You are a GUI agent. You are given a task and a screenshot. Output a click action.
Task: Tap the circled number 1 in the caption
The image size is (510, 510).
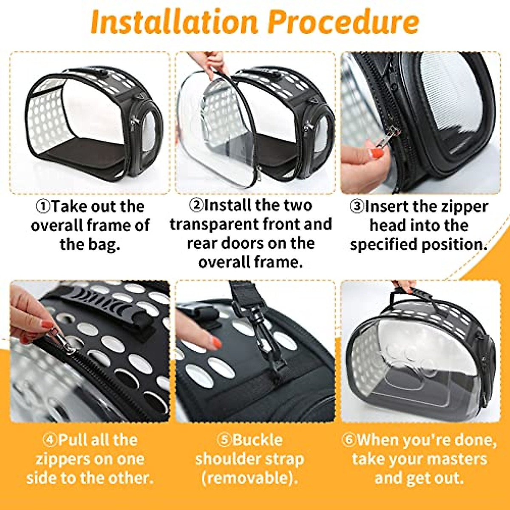43,207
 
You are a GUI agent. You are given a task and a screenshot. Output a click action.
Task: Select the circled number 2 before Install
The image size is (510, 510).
196,205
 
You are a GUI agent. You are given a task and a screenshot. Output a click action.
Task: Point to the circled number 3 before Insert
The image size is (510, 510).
357,207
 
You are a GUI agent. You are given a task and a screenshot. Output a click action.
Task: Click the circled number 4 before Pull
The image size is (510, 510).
50,439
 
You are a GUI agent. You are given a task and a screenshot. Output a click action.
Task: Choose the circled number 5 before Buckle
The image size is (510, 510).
224,439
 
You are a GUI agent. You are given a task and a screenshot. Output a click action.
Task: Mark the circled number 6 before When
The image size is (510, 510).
348,439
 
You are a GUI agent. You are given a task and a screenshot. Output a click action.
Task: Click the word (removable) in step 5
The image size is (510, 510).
249,478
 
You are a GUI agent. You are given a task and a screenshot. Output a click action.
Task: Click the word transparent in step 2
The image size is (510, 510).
214,224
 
